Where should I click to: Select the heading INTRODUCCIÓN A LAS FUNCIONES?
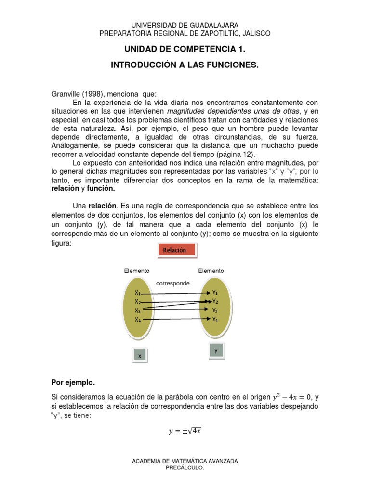coord(185,65)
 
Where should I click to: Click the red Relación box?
coord(176,250)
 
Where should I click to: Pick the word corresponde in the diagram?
coord(172,283)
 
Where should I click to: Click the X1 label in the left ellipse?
coord(138,293)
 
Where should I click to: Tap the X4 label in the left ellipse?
coord(138,320)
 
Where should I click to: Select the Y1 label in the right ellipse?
coord(215,292)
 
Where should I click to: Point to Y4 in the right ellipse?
coord(215,319)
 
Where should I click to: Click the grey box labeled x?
coord(140,356)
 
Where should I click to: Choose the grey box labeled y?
coord(216,351)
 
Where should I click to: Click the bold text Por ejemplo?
coord(73,383)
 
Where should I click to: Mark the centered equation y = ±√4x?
coord(185,431)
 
